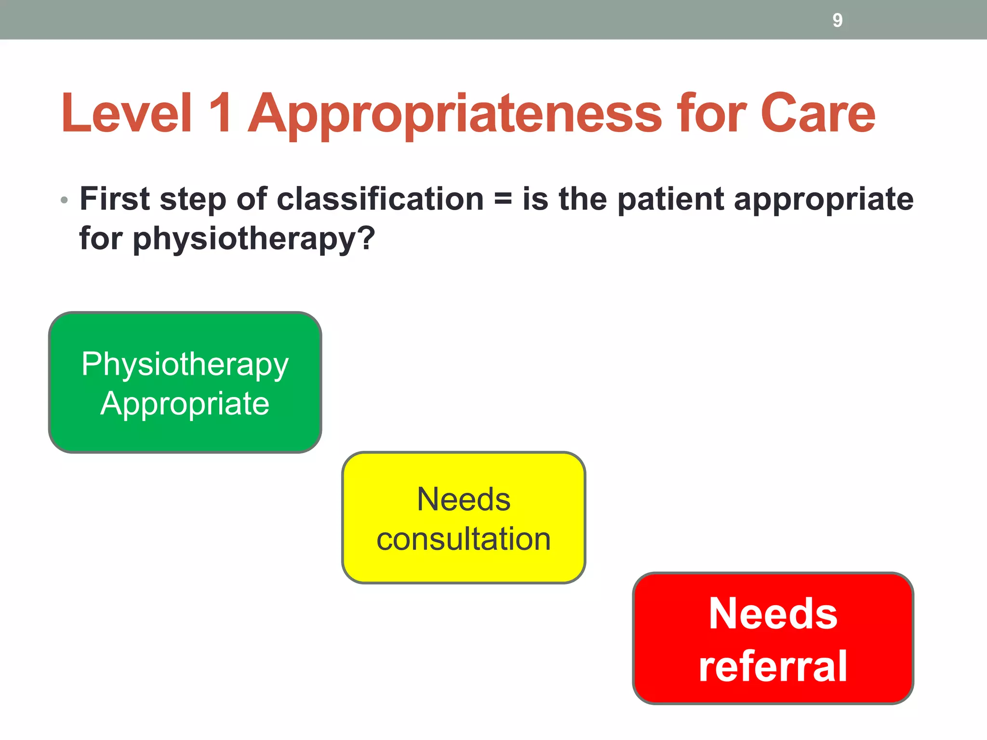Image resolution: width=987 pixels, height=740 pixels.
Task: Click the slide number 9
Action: (x=837, y=20)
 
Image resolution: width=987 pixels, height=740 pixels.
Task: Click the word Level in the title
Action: (x=127, y=113)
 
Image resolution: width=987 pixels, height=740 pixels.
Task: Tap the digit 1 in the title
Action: (x=221, y=113)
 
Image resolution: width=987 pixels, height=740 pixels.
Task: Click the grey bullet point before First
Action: (x=65, y=200)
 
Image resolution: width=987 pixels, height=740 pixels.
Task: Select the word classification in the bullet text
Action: (x=380, y=199)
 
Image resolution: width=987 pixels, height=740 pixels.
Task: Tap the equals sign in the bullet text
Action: (x=503, y=200)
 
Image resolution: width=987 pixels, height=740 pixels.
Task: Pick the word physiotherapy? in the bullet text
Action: (x=253, y=239)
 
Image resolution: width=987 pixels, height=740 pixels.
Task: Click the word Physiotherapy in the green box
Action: (x=185, y=365)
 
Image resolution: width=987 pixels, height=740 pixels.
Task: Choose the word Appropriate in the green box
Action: (x=185, y=404)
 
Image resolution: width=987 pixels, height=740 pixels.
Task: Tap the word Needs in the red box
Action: (x=773, y=614)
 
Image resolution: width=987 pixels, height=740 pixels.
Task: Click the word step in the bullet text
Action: (x=193, y=200)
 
